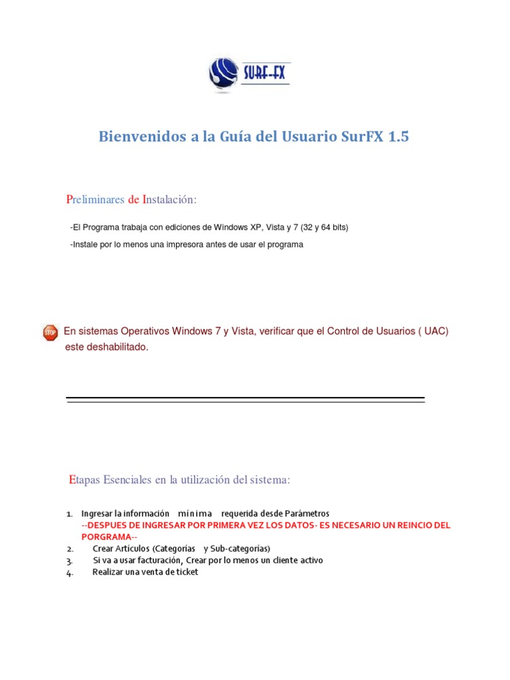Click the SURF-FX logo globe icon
(222, 74)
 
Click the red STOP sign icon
(50, 333)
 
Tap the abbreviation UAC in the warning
(435, 331)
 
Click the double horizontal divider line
(245, 400)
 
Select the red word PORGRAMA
(106, 537)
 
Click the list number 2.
(70, 549)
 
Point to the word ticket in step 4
(185, 572)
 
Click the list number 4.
(70, 572)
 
